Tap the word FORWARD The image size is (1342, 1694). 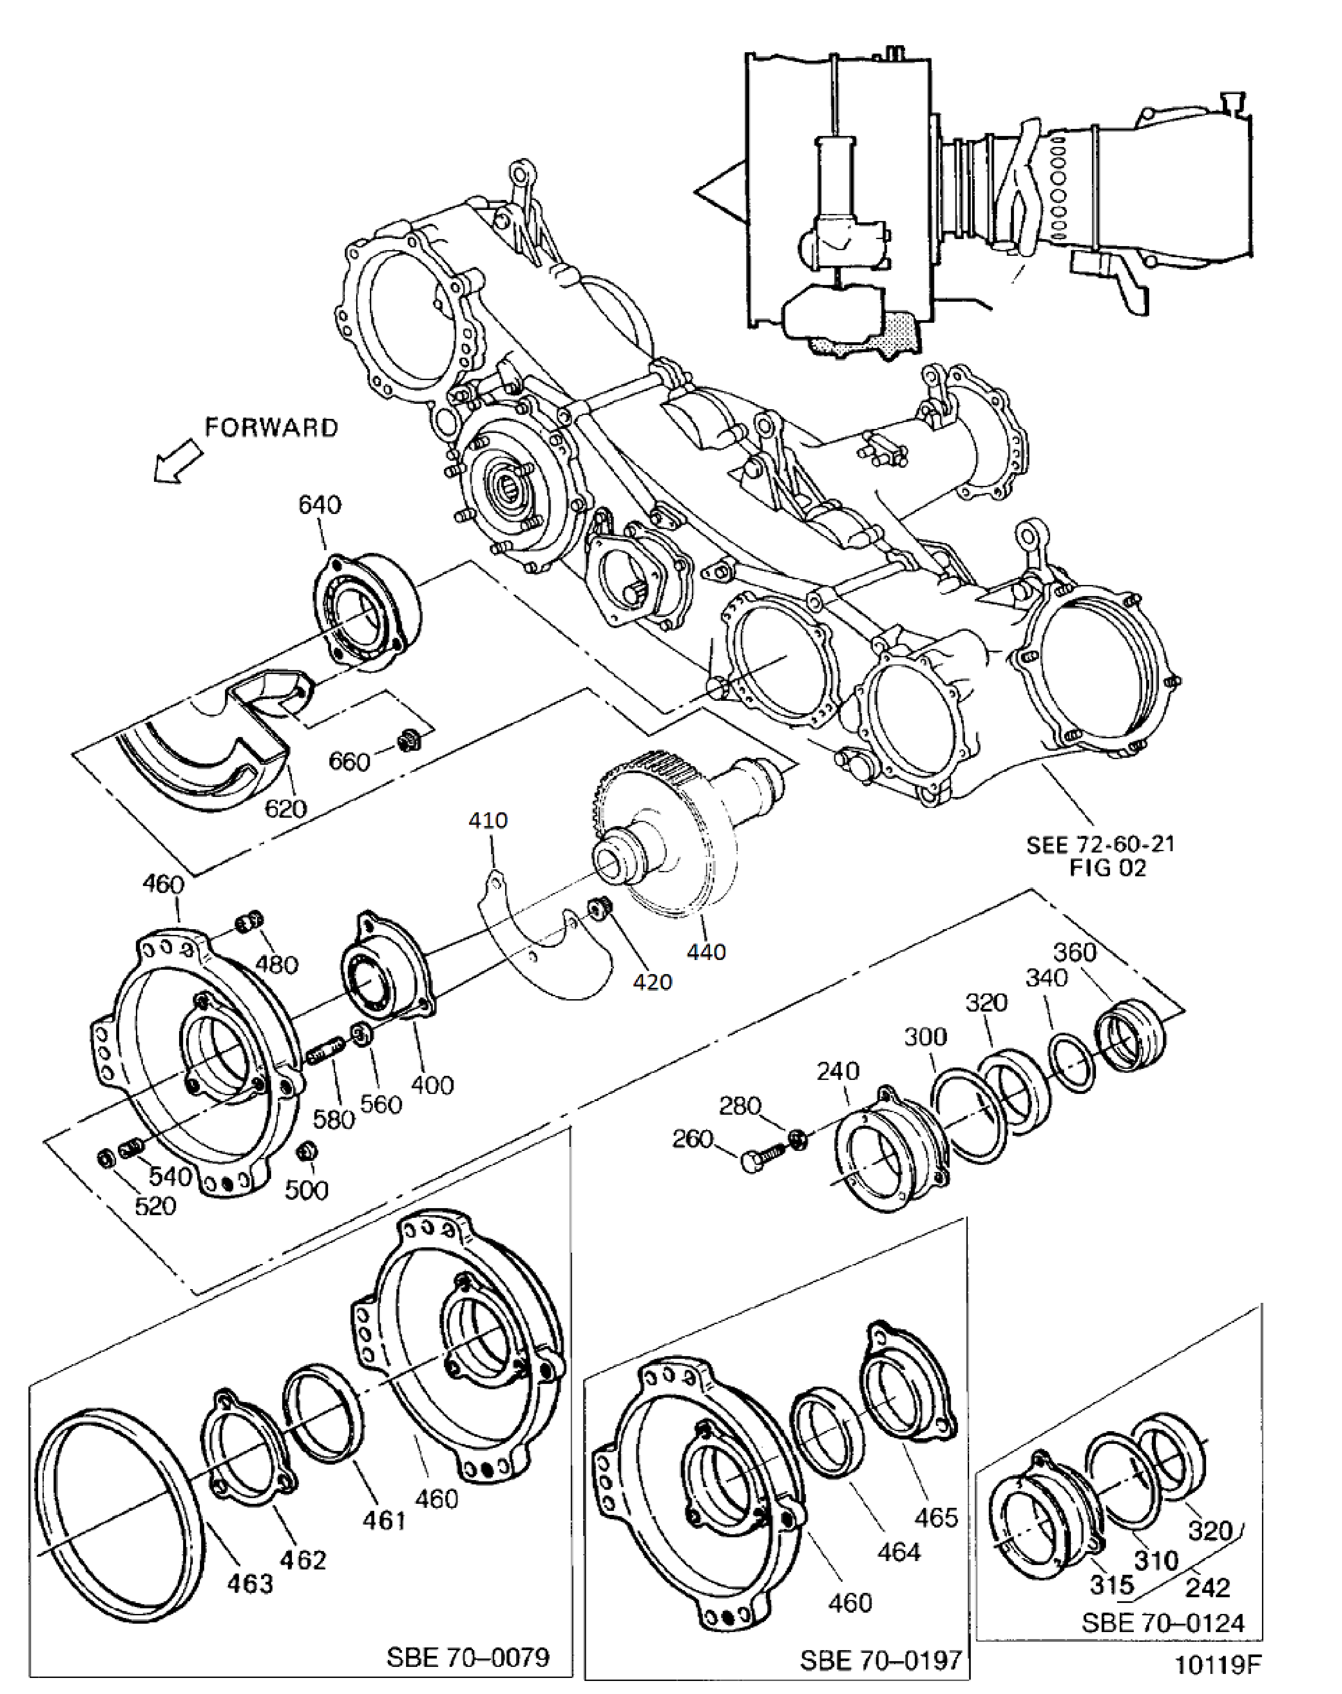(271, 427)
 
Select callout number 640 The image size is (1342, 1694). (320, 504)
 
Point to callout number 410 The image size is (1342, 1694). (488, 820)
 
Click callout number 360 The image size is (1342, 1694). (1074, 952)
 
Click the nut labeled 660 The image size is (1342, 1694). (407, 739)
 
